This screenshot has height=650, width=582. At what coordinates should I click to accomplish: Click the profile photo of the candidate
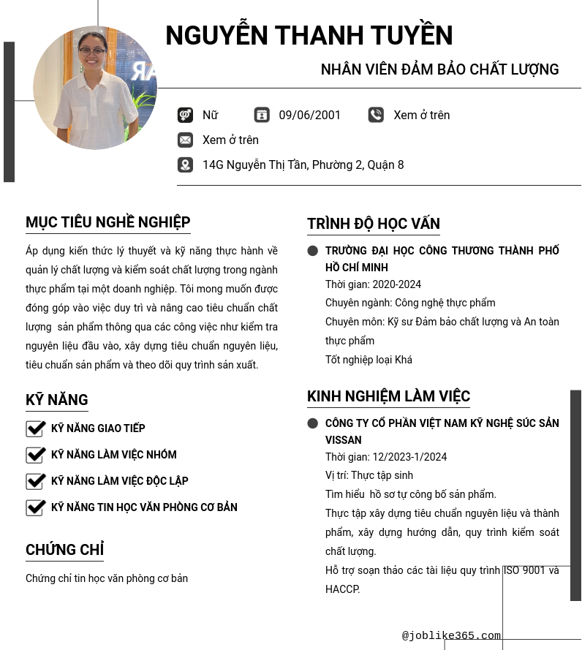coord(95,88)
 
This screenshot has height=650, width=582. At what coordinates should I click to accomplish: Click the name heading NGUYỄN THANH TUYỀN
coord(309,36)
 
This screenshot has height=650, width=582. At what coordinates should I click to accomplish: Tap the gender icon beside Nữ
coord(185,115)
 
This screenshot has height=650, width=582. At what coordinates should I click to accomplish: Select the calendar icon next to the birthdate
coord(262,115)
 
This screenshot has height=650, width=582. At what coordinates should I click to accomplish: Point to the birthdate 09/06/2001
coord(309,115)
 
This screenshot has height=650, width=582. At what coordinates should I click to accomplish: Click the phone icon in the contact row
coord(376,115)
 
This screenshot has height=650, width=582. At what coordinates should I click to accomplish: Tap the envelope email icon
coord(185,140)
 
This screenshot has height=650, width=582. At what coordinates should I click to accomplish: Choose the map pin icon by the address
coord(185,165)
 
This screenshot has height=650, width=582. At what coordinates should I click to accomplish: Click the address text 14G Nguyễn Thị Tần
coord(303,165)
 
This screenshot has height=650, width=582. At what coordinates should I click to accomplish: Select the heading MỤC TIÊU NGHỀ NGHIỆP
coord(107,222)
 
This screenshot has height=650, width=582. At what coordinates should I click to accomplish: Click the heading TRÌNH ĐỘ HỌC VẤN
coord(373,224)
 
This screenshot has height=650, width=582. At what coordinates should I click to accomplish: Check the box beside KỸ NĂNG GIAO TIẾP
coord(36,428)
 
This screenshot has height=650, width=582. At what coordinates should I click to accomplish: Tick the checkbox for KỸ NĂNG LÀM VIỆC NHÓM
coord(36,455)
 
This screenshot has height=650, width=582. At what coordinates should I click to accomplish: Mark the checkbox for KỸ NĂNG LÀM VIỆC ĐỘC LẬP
coord(36,481)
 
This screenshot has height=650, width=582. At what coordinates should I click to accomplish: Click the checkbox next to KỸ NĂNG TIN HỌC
coord(36,507)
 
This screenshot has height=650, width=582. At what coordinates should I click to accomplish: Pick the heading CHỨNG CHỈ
coord(64,550)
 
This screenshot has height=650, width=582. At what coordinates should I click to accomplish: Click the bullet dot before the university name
coord(313,251)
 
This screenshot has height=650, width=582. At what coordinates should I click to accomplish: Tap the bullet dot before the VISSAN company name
coord(313,423)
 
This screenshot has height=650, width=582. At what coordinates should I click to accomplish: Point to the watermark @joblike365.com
coord(451,635)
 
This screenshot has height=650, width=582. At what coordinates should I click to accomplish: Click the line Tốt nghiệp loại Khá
coord(369,360)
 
